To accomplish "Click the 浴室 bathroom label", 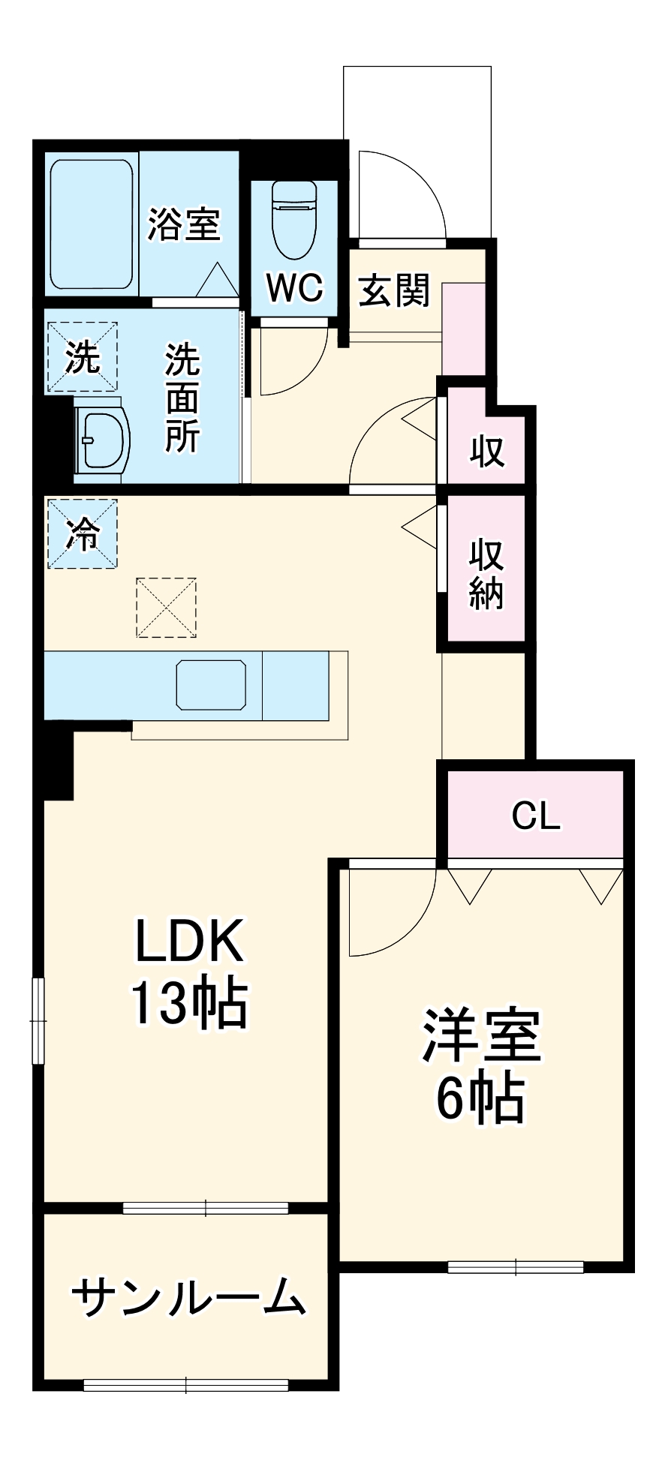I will pos(184,224).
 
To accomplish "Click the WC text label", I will pos(295,287).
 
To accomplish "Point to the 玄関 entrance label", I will pos(394,290).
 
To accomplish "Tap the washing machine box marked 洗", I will pos(83,357).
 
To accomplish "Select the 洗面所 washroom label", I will pos(182,398).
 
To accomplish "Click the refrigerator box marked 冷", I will pos(83,533).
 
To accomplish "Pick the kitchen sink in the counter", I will pos(211,684).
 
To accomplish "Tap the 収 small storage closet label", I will pos(487,450).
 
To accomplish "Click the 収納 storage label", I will pos(486,574).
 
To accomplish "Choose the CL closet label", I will pos(536,816).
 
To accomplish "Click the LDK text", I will pos(189,941).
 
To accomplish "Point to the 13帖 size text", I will pos(189,1002).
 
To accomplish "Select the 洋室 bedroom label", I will pos(481,1035).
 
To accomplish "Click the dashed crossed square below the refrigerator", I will pos(166,607).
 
